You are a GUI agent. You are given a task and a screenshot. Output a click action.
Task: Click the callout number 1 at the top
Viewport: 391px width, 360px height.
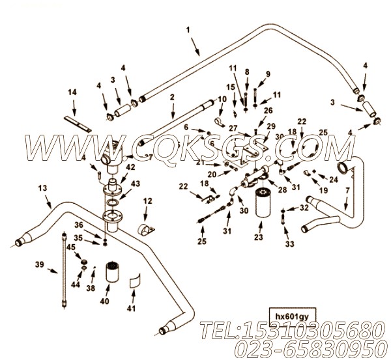click(x=188, y=29)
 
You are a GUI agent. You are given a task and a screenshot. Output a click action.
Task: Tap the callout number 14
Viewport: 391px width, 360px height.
click(x=72, y=93)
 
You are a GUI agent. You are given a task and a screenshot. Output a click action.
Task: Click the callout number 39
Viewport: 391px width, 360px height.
click(x=39, y=266)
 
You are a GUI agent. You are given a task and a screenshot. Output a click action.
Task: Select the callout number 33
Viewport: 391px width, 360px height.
click(x=290, y=243)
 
